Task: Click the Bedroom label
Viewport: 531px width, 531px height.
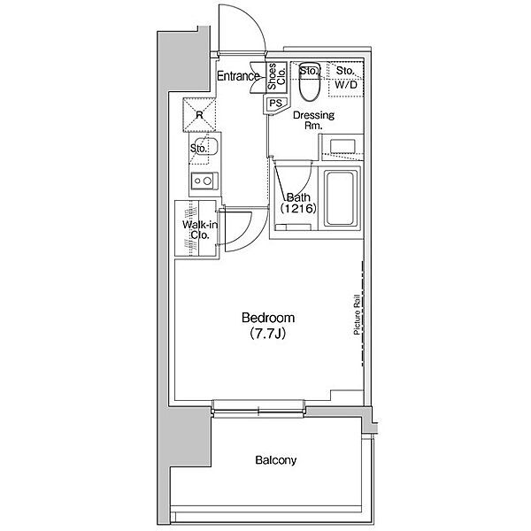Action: click(x=268, y=318)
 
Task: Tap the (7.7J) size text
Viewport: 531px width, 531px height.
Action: click(x=268, y=334)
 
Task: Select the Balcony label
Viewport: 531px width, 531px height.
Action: click(x=275, y=460)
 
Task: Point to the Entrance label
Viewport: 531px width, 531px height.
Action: click(x=238, y=76)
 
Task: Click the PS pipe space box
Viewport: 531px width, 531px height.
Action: click(x=275, y=103)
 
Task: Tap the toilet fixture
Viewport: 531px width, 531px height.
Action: click(x=310, y=81)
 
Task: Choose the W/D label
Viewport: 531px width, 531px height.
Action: click(x=346, y=85)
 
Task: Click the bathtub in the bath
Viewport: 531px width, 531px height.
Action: click(x=341, y=198)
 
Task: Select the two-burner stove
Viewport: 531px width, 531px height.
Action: click(x=204, y=181)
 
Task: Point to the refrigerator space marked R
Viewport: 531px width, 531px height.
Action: click(x=199, y=115)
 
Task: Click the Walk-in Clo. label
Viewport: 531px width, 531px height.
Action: click(x=200, y=229)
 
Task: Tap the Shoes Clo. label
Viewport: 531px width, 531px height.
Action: click(x=276, y=76)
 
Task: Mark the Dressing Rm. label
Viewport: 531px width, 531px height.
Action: click(x=313, y=119)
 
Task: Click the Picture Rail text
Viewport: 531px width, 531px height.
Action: click(x=357, y=315)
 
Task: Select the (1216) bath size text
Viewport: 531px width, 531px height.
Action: click(x=298, y=208)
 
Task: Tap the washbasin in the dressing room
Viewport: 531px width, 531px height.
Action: click(x=342, y=146)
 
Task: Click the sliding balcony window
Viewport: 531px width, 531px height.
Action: click(x=258, y=412)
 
